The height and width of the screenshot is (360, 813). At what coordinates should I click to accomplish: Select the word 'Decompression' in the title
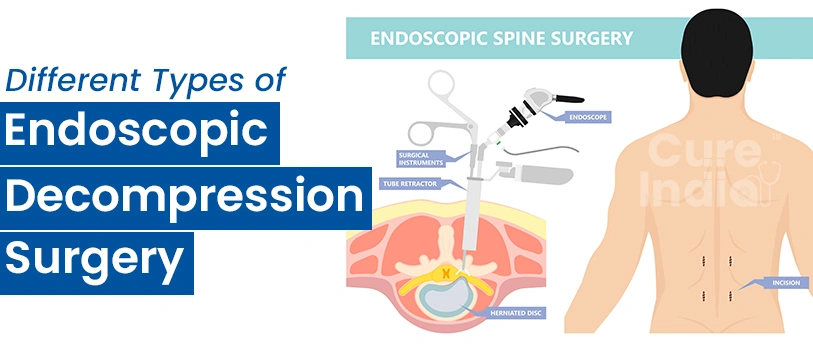[185, 195]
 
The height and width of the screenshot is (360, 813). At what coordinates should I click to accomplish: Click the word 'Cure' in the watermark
[690, 153]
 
